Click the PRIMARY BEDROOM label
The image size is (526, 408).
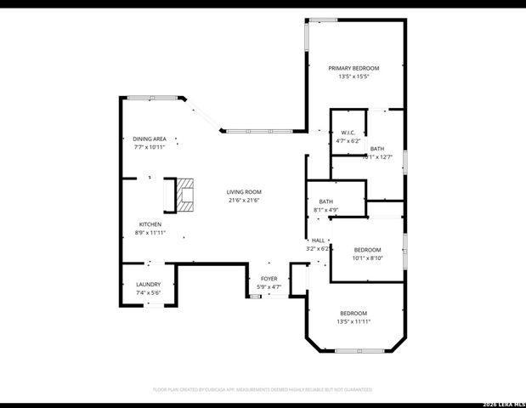click(x=353, y=68)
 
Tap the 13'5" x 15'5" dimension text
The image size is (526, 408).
click(x=353, y=76)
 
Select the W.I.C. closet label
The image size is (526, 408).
click(x=348, y=133)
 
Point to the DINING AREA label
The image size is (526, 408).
click(x=149, y=139)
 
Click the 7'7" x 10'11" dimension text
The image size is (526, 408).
click(x=149, y=147)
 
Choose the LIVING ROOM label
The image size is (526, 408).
click(x=243, y=192)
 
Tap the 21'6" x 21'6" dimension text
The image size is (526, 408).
click(x=243, y=201)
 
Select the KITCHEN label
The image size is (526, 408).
click(x=150, y=224)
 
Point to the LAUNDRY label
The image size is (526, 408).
click(x=148, y=284)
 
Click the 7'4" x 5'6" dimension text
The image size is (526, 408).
click(x=148, y=292)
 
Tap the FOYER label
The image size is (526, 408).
click(x=269, y=279)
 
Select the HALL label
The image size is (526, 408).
click(x=318, y=241)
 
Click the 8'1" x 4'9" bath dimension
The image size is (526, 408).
click(x=326, y=209)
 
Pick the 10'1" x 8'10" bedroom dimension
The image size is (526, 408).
click(x=367, y=258)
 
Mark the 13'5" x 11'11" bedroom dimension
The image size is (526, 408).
click(x=353, y=321)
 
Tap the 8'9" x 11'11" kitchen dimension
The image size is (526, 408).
click(x=150, y=232)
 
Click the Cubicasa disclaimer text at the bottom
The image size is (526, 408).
click(x=263, y=388)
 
